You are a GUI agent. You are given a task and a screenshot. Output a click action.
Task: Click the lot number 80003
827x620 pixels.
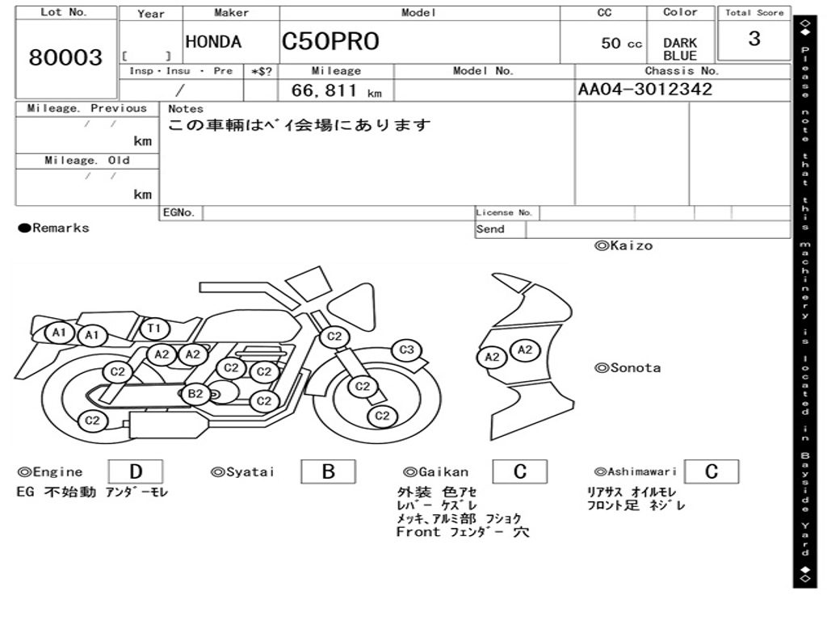(65, 57)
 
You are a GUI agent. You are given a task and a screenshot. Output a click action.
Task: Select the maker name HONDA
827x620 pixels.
(213, 42)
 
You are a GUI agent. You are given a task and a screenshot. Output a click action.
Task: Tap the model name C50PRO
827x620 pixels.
(330, 41)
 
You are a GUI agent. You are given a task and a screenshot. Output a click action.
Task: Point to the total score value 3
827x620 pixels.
(754, 39)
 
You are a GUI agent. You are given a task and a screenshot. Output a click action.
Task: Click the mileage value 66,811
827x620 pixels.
(325, 90)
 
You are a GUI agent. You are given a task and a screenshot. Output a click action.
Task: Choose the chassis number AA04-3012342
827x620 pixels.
(645, 89)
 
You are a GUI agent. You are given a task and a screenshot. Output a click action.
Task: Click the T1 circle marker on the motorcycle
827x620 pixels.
(154, 329)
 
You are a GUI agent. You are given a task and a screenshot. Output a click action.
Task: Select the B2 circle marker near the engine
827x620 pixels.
(195, 394)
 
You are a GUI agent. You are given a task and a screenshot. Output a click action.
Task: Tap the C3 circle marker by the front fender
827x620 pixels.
(406, 350)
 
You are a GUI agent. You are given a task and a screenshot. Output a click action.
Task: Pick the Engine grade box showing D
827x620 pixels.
(136, 471)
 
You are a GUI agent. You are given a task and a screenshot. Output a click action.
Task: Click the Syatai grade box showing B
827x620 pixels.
(328, 471)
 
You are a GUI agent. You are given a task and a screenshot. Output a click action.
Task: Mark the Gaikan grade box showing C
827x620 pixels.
(520, 471)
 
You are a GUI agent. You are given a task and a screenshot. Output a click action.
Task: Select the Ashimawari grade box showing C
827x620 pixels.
(712, 471)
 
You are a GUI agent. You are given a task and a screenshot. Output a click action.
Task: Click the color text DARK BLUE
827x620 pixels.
(680, 49)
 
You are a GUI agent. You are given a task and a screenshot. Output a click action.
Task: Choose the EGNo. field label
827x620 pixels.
(178, 212)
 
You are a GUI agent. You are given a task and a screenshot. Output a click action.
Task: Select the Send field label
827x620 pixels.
(490, 229)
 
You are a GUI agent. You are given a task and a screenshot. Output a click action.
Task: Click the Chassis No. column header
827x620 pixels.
(682, 71)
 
